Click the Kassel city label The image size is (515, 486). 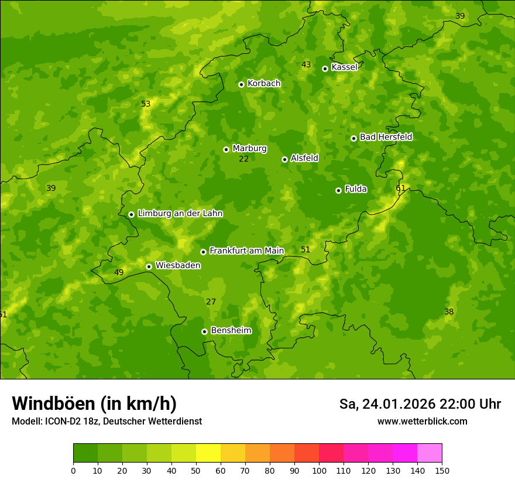coord(344,67)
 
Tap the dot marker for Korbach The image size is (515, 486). coord(241,84)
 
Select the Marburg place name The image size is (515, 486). coord(249,149)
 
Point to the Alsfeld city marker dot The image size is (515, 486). coord(284,159)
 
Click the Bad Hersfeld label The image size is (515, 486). coord(386,137)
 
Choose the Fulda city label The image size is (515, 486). coord(356,189)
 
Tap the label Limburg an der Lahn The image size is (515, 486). coord(180,214)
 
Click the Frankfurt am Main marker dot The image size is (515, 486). coord(203,252)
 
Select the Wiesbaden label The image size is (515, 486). coord(178,265)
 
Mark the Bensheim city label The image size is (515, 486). coord(231,330)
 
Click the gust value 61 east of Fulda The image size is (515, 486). coord(401,188)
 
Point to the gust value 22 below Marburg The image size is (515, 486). coord(244,159)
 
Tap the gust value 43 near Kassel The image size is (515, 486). coord(306,64)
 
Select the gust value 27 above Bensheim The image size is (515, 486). coord(211,302)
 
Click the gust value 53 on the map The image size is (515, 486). coord(146,104)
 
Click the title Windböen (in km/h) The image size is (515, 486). coord(94,403)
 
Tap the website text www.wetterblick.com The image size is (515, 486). coord(422,421)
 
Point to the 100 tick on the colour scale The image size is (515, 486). coord(319,470)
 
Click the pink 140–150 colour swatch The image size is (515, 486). coord(430,453)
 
